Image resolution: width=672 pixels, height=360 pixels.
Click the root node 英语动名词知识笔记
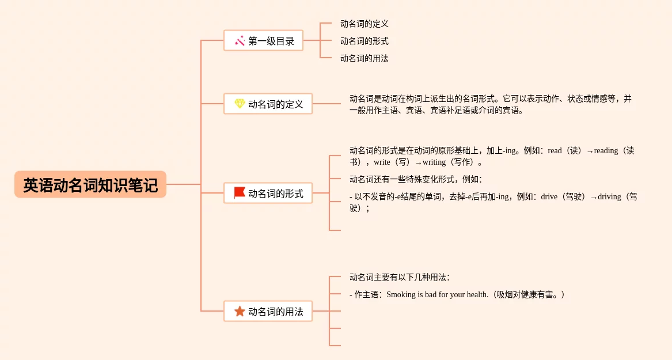pyautogui.click(x=90, y=185)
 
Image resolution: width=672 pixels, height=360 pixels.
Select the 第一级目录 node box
pyautogui.click(x=263, y=41)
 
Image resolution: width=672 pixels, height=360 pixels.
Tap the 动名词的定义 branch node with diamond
pyautogui.click(x=268, y=104)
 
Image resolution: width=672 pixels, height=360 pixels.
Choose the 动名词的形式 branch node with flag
pyautogui.click(x=268, y=194)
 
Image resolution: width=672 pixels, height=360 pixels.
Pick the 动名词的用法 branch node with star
pyautogui.click(x=268, y=312)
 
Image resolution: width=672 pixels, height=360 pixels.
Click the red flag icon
pyautogui.click(x=240, y=193)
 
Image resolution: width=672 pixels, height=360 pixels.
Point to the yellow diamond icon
pyautogui.click(x=240, y=104)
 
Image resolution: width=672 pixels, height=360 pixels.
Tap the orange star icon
pyautogui.click(x=240, y=311)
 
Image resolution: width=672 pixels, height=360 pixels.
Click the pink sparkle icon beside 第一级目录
pyautogui.click(x=240, y=41)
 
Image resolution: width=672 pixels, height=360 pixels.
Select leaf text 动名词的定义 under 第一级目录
pyautogui.click(x=364, y=24)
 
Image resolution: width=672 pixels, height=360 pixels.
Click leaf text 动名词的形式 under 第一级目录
pyautogui.click(x=364, y=41)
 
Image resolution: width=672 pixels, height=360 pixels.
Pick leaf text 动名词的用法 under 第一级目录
pyautogui.click(x=364, y=58)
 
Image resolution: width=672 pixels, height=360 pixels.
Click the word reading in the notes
pyautogui.click(x=606, y=151)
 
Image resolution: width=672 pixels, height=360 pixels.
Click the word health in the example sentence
pyautogui.click(x=477, y=295)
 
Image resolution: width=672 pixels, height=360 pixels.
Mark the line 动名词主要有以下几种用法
pyautogui.click(x=399, y=277)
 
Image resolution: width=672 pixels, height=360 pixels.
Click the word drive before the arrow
pyautogui.click(x=549, y=197)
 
